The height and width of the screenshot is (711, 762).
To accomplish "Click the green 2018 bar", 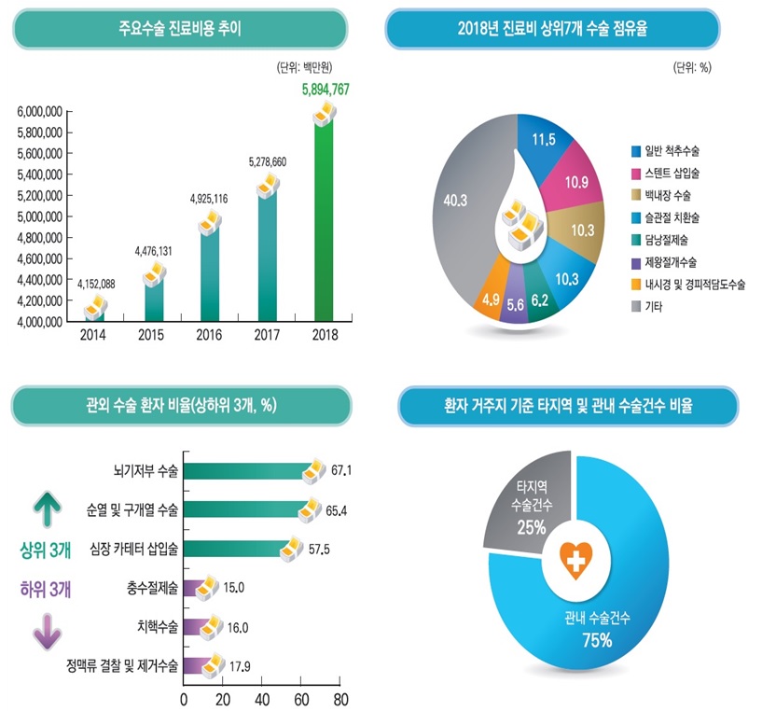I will pyautogui.click(x=324, y=224).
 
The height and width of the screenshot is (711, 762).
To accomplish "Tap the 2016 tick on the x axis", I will pyautogui.click(x=209, y=335).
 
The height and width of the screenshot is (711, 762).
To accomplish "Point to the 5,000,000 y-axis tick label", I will pyautogui.click(x=39, y=216).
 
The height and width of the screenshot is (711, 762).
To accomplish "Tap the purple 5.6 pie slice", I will pyautogui.click(x=514, y=303).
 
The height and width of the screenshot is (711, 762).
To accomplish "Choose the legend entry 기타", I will pyautogui.click(x=654, y=307).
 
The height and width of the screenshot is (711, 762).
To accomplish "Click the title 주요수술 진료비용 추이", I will pyautogui.click(x=180, y=29).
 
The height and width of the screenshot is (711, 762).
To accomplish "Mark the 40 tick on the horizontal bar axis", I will pyautogui.click(x=261, y=699).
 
